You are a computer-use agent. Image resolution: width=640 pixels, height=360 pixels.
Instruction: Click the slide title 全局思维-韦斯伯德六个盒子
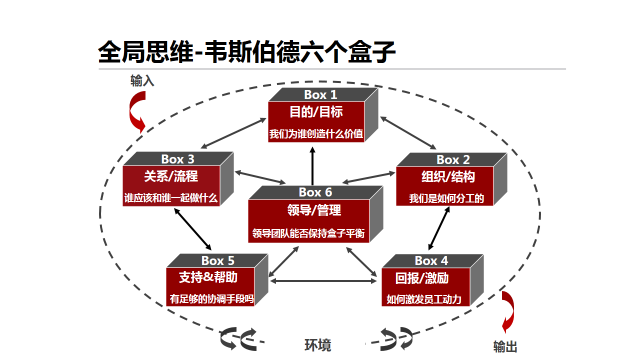pyautogui.click(x=247, y=52)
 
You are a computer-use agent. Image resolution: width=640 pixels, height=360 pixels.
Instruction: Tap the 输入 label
pyautogui.click(x=142, y=81)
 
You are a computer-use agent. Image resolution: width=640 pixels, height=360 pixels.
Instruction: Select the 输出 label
pyautogui.click(x=505, y=346)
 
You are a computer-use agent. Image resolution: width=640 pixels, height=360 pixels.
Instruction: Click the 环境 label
pyautogui.click(x=317, y=345)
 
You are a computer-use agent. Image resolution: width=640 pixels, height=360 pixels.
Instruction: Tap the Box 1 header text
pyautogui.click(x=320, y=94)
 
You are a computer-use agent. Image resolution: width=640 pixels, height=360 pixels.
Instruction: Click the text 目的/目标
pyautogui.click(x=316, y=111)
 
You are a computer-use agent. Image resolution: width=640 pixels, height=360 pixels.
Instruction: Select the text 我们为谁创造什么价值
pyautogui.click(x=316, y=133)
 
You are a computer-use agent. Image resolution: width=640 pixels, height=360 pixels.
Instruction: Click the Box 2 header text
pyautogui.click(x=453, y=159)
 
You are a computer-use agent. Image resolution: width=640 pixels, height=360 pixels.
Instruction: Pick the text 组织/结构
pyautogui.click(x=448, y=176)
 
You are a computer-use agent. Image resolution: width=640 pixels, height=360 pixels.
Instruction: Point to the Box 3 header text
pyautogui.click(x=177, y=159)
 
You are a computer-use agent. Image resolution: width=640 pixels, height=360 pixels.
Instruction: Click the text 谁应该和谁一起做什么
pyautogui.click(x=171, y=197)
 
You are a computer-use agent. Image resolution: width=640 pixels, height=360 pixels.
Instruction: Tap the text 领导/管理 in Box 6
pyautogui.click(x=314, y=210)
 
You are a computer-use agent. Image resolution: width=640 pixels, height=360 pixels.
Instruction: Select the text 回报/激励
pyautogui.click(x=422, y=278)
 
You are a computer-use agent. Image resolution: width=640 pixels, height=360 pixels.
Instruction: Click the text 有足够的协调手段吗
pyautogui.click(x=211, y=299)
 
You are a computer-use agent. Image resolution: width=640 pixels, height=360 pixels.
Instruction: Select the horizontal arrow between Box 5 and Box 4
pyautogui.click(x=323, y=281)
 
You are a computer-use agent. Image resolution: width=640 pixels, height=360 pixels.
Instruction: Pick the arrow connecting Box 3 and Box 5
pyautogui.click(x=192, y=229)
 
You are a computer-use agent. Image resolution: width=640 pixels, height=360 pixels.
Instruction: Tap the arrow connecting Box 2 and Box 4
pyautogui.click(x=439, y=228)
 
